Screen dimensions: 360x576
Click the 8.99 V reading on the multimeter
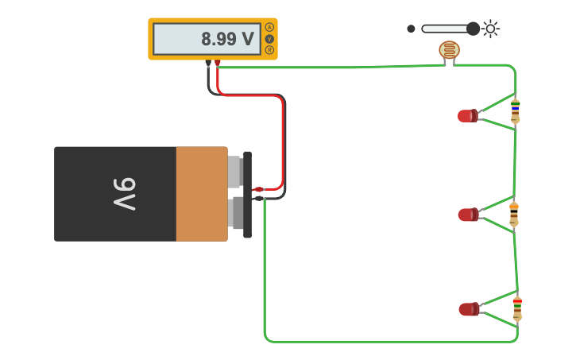tap(227, 39)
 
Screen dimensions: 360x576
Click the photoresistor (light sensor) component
tap(449, 50)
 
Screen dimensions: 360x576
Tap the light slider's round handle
tap(473, 29)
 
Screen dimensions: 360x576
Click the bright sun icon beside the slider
tap(491, 29)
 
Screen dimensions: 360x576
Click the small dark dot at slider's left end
tap(411, 29)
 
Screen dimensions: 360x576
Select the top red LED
tap(467, 116)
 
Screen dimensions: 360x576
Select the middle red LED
tap(468, 215)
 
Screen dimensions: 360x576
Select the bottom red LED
tap(468, 309)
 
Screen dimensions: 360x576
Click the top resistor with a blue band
tap(515, 110)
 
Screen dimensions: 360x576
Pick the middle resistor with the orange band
tap(514, 213)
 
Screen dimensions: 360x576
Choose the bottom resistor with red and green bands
tap(517, 308)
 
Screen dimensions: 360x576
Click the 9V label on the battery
tap(124, 194)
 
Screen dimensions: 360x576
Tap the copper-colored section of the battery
tap(201, 194)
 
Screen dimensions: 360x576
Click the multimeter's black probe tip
tap(208, 63)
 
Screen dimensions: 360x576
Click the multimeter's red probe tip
tap(218, 63)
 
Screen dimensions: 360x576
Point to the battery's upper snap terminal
tap(235, 172)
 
